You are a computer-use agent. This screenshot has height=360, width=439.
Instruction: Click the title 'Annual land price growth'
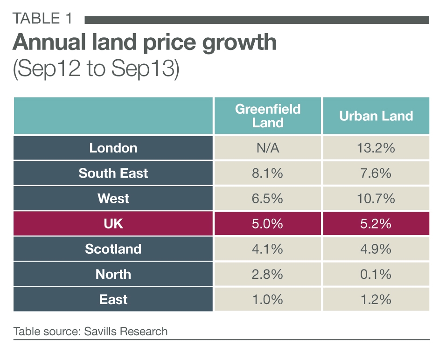144,43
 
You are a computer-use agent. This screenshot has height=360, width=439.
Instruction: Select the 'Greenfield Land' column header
267,116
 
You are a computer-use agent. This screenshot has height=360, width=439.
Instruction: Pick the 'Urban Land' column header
376,116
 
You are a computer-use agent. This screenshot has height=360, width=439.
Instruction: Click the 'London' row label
113,148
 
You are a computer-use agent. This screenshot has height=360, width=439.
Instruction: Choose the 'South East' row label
113,173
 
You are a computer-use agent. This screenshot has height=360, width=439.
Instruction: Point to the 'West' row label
113,199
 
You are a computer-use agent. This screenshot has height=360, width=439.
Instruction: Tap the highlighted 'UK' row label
113,224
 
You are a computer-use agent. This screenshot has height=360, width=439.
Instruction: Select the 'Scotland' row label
113,249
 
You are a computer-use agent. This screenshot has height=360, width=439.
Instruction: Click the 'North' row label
113,274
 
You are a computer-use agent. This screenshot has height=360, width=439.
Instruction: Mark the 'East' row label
113,299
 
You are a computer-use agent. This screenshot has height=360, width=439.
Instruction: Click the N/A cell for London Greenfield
267,148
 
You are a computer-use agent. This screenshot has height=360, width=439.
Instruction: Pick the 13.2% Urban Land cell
376,148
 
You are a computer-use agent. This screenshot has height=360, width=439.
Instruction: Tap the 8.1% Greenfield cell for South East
267,173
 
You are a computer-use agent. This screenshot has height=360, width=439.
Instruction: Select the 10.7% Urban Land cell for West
376,199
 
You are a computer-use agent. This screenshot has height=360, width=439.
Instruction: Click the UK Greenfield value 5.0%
267,224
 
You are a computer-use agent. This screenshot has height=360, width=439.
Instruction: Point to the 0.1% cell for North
376,274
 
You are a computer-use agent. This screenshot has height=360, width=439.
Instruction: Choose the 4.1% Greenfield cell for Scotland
267,249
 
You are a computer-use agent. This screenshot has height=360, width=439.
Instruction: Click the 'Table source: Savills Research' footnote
91,332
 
